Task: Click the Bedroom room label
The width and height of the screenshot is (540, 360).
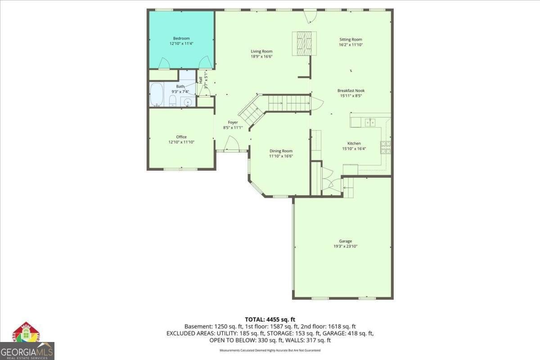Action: (181, 38)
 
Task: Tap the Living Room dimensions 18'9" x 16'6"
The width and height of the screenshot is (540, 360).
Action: (261, 57)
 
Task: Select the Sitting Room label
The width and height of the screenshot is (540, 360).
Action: (351, 39)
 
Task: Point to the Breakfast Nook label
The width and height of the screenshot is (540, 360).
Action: (351, 90)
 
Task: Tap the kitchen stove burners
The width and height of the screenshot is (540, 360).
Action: (386, 147)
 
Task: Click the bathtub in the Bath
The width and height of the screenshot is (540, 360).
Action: (157, 94)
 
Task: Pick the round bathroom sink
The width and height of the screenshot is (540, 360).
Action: (188, 102)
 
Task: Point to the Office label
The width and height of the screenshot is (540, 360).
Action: (181, 137)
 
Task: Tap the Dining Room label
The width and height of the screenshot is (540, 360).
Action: (281, 151)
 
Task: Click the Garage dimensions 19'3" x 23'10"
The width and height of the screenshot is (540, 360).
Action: (346, 246)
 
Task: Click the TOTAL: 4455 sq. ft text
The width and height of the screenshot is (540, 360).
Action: (270, 319)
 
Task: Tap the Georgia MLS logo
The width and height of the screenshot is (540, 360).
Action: (27, 342)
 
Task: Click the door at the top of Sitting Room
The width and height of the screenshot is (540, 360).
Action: (310, 16)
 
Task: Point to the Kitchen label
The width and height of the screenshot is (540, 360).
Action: (354, 143)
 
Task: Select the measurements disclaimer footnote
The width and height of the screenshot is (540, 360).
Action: (270, 350)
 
